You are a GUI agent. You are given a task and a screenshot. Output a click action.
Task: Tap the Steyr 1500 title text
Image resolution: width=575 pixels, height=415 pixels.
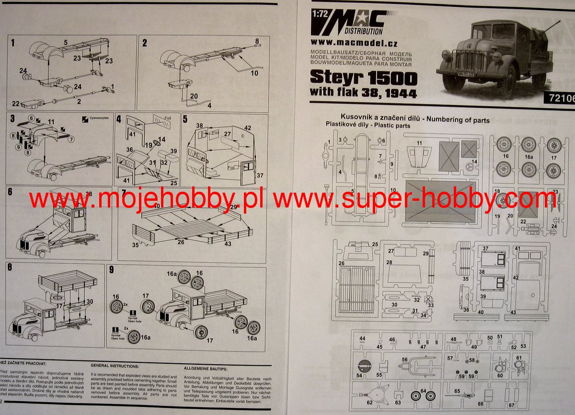[363, 78]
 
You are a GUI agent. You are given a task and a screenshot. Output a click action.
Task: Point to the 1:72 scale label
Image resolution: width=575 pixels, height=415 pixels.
[320, 14]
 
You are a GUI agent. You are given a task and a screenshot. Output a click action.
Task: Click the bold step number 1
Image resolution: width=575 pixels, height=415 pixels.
[13, 43]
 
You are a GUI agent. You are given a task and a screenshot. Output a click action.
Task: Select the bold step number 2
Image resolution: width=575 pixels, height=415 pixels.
[145, 43]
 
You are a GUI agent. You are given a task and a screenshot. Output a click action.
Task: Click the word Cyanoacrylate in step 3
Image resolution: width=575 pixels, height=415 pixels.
[94, 118]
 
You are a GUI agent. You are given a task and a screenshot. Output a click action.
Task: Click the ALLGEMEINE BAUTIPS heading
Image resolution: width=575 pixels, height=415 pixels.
[206, 369]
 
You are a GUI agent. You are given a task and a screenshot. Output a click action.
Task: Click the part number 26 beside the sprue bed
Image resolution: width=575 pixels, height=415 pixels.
[342, 263]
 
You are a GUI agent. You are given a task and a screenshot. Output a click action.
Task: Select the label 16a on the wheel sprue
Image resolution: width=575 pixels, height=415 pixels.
[529, 157]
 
